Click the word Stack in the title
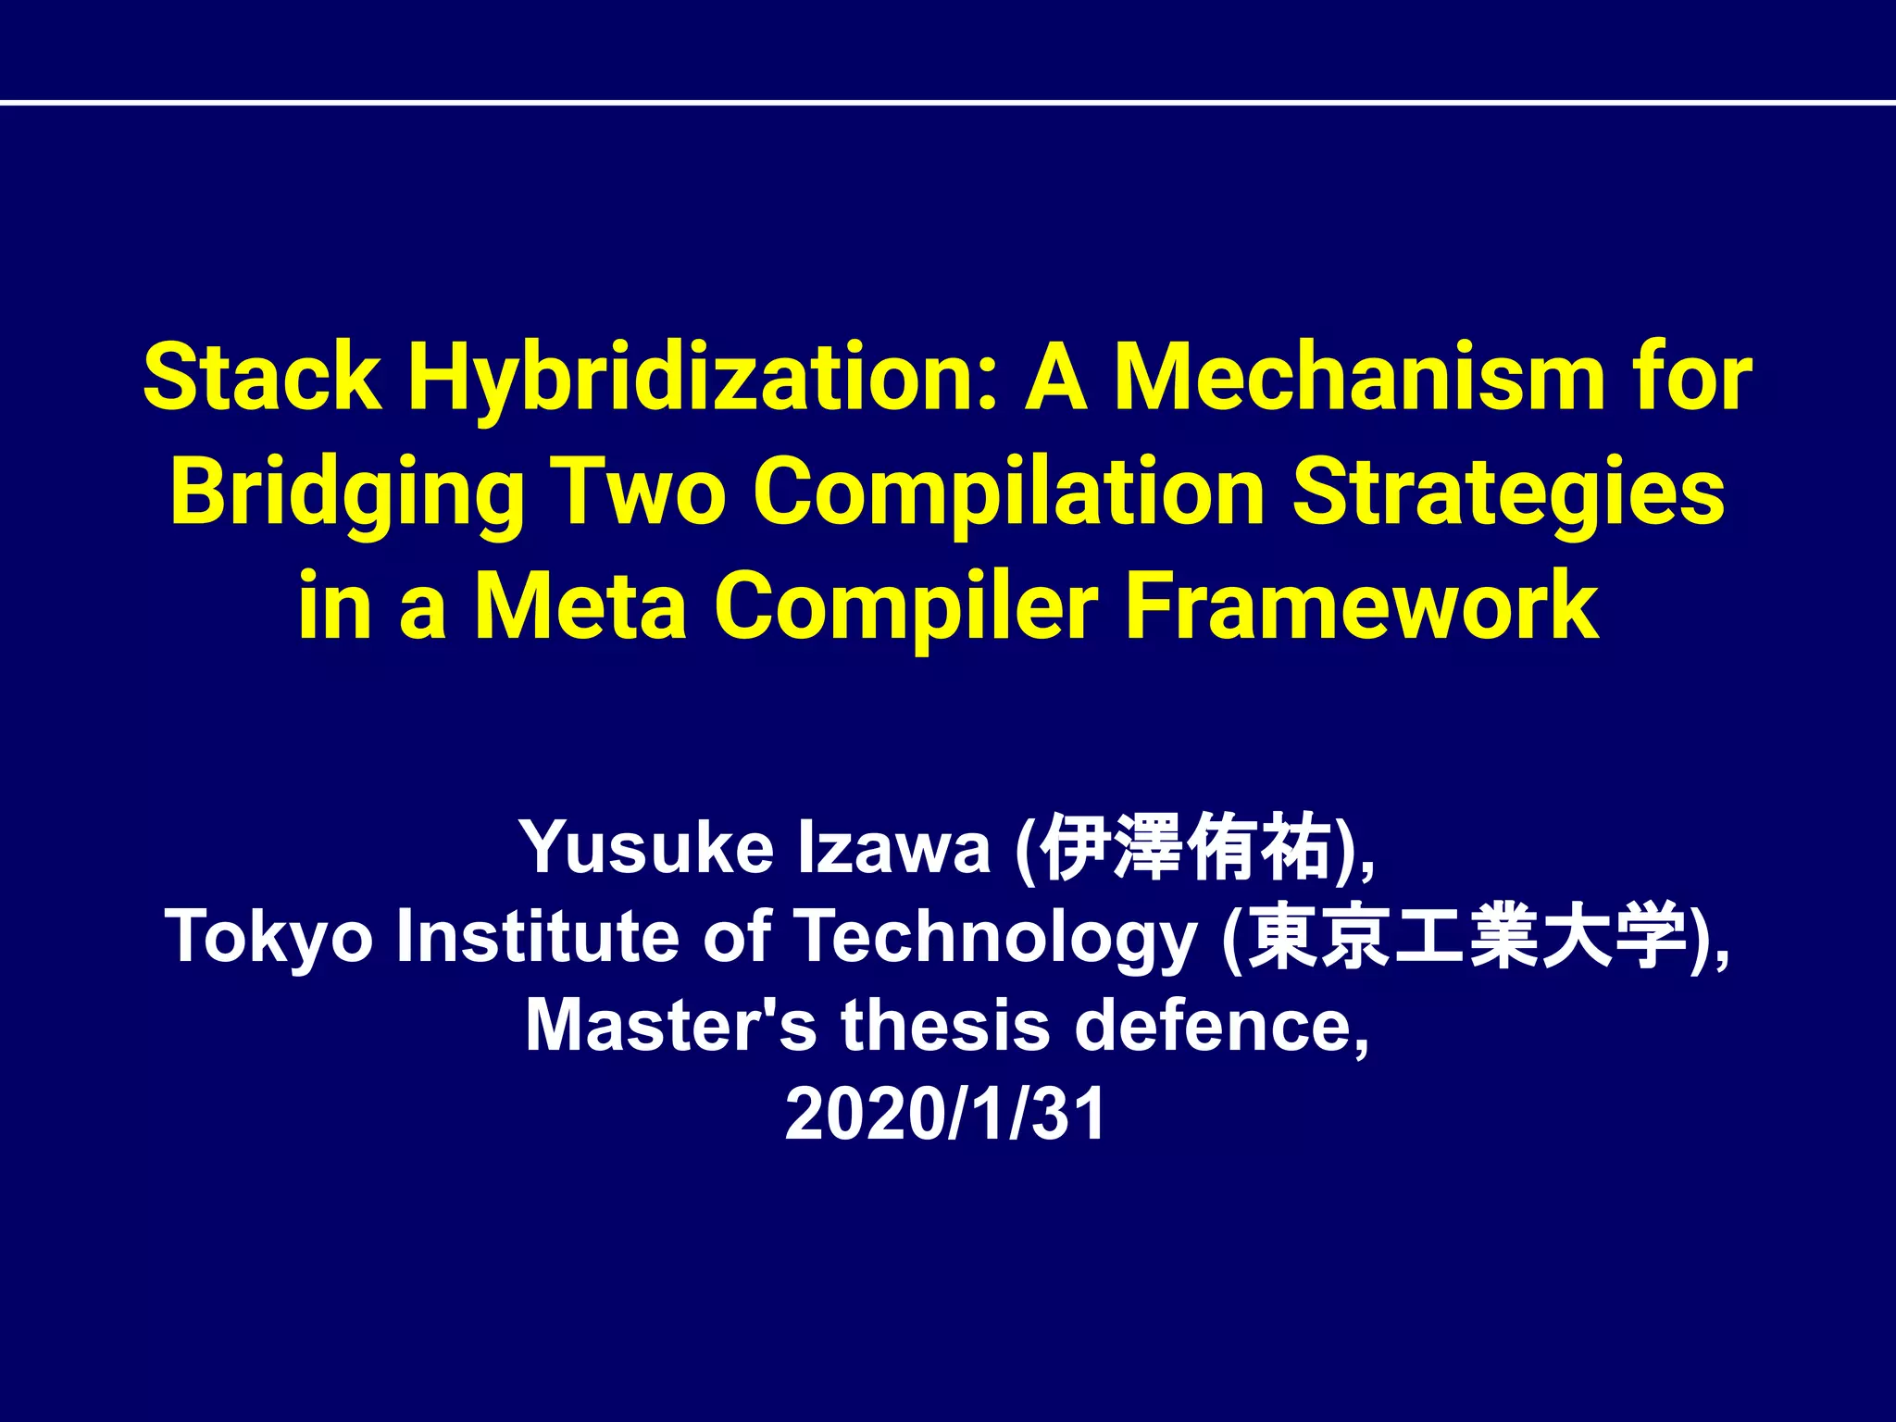click(262, 378)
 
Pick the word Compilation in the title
click(1008, 492)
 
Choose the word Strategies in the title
click(1508, 492)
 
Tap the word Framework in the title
click(1362, 605)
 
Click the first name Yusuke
click(645, 846)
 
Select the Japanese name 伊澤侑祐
click(1185, 846)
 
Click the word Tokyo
click(268, 937)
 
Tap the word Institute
click(538, 937)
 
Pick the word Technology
click(996, 937)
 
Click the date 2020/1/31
click(945, 1114)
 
